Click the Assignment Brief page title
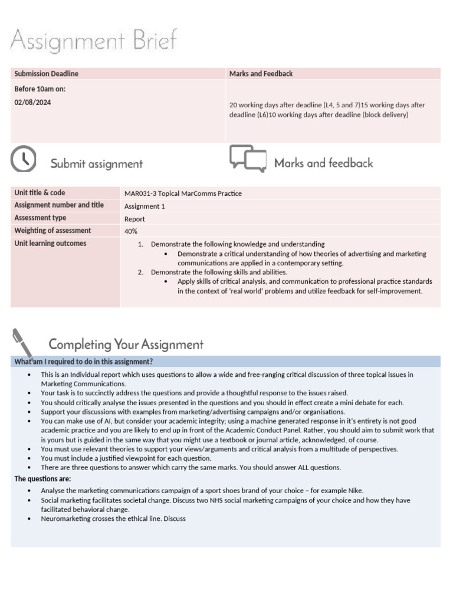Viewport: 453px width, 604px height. pyautogui.click(x=93, y=41)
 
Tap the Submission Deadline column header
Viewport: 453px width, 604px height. pyautogui.click(x=47, y=74)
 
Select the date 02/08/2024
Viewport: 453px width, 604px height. pyautogui.click(x=32, y=102)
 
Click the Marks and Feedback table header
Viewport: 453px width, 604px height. pyautogui.click(x=261, y=74)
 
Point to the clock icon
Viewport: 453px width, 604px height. pyautogui.click(x=24, y=159)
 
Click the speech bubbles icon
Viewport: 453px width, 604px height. pyautogui.click(x=247, y=159)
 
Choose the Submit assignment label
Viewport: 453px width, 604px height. pyautogui.click(x=96, y=164)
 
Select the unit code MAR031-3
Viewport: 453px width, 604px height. pyautogui.click(x=140, y=193)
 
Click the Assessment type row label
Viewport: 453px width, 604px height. pyautogui.click(x=40, y=218)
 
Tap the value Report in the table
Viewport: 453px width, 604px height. pyautogui.click(x=134, y=219)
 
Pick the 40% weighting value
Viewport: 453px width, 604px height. pyautogui.click(x=131, y=231)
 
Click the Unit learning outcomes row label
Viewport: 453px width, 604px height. pyautogui.click(x=50, y=243)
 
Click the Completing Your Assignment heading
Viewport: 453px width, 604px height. pyautogui.click(x=126, y=344)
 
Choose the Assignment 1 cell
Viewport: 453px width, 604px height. pyautogui.click(x=142, y=206)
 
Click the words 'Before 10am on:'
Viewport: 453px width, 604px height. pyautogui.click(x=40, y=89)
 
